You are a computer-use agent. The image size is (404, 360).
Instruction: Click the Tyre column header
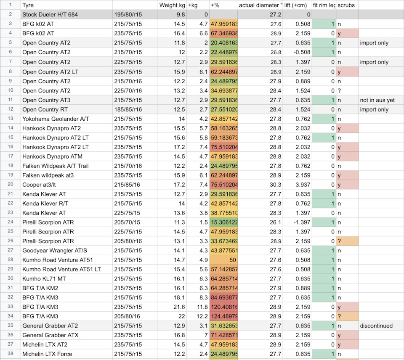point(28,5)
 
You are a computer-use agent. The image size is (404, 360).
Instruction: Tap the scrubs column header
point(346,5)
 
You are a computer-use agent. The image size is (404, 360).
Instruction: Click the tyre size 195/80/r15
point(128,15)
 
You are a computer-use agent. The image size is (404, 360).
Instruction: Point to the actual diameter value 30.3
point(276,185)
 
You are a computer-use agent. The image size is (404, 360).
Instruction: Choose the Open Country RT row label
point(45,109)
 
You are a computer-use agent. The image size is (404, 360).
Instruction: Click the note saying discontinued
point(376,326)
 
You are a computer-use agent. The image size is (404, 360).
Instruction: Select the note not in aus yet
point(377,100)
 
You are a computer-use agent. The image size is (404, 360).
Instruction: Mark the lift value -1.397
point(302,222)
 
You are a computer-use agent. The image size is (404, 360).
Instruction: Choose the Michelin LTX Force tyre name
point(47,354)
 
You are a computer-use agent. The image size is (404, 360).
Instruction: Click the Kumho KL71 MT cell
point(44,278)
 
